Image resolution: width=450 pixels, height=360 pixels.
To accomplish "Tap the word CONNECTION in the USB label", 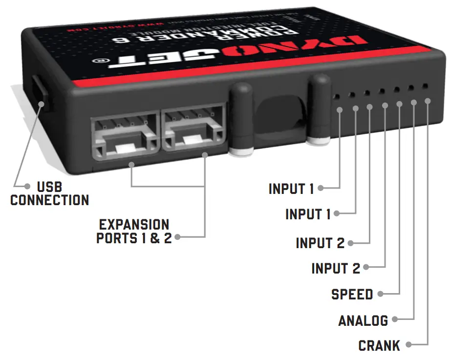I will [x=49, y=200].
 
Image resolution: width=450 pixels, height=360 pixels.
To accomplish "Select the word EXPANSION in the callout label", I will [x=134, y=225].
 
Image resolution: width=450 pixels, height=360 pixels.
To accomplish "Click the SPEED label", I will [x=352, y=295].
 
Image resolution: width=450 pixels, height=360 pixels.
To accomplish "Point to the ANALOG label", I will [x=363, y=320].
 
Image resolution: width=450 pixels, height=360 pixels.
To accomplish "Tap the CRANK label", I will [x=379, y=346].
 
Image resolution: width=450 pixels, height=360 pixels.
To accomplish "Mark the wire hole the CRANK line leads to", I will [x=425, y=86].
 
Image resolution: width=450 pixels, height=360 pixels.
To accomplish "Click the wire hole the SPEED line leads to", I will [x=396, y=89].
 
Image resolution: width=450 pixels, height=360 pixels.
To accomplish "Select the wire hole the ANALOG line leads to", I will [x=410, y=88].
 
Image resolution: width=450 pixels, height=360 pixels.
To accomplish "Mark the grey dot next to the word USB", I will [x=26, y=186].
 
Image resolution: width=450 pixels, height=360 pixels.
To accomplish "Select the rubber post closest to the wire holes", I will [x=321, y=110].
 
